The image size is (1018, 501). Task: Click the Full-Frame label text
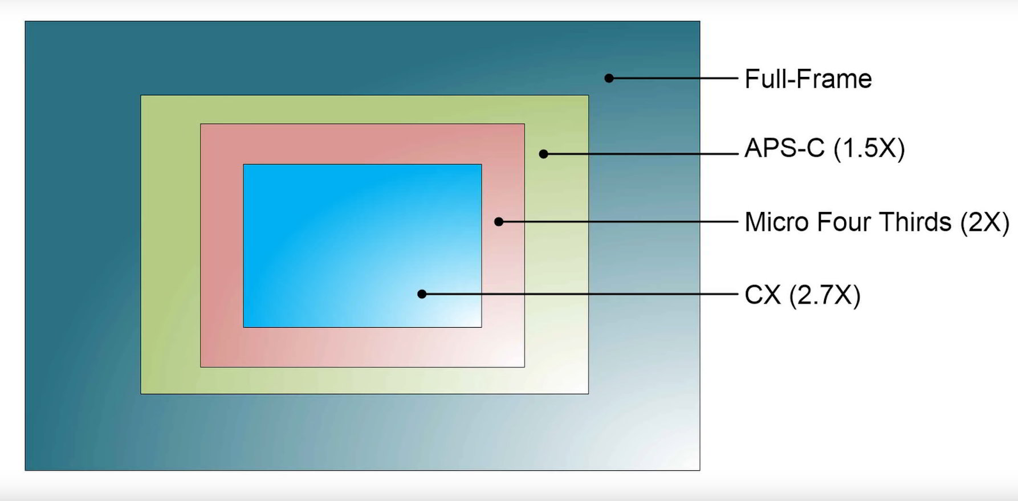pyautogui.click(x=808, y=79)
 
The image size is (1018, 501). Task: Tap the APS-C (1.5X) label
pyautogui.click(x=824, y=149)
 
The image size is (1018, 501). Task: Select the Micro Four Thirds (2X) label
pyautogui.click(x=876, y=222)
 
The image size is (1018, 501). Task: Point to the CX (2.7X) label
pyautogui.click(x=802, y=295)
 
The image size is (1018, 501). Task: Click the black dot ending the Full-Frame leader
pyautogui.click(x=609, y=78)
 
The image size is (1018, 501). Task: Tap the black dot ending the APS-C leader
pyautogui.click(x=544, y=154)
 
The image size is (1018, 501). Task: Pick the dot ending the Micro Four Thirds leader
pyautogui.click(x=499, y=222)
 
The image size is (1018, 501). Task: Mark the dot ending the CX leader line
pyautogui.click(x=422, y=294)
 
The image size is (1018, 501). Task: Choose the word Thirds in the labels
pyautogui.click(x=916, y=222)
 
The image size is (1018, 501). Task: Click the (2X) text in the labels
pyautogui.click(x=984, y=222)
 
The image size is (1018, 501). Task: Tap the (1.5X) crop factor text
pyautogui.click(x=869, y=149)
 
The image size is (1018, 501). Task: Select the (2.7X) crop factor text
pyautogui.click(x=824, y=295)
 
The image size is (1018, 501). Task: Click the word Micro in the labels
pyautogui.click(x=777, y=222)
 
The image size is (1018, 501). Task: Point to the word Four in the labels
pyautogui.click(x=845, y=222)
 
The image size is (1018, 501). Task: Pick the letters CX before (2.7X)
pyautogui.click(x=763, y=295)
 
